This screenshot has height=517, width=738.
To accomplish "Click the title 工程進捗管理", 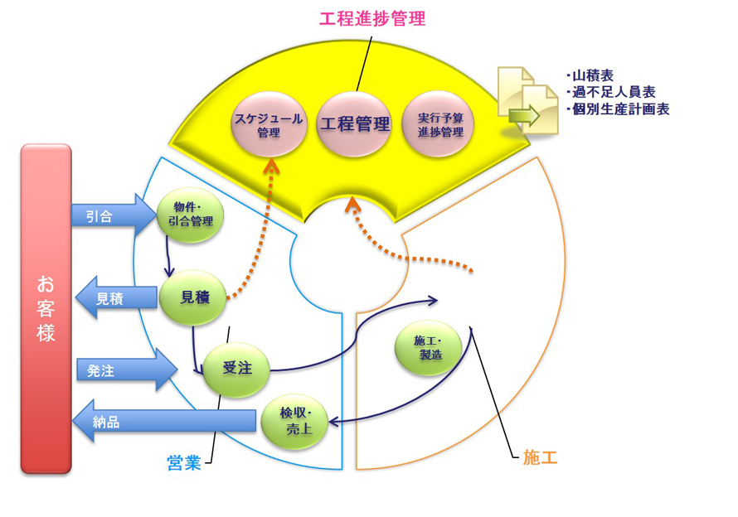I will coord(372,18).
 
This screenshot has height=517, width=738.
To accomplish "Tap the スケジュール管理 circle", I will coord(268,124).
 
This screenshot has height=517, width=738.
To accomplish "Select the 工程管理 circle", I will coord(355,124).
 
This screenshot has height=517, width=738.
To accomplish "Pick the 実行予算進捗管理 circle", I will coord(440,124).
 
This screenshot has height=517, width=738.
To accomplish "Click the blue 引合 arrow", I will coord(108,216).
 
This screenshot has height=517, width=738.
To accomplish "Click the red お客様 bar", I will coord(46,308).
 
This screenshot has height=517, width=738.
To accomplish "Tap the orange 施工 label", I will coord(540,456).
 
